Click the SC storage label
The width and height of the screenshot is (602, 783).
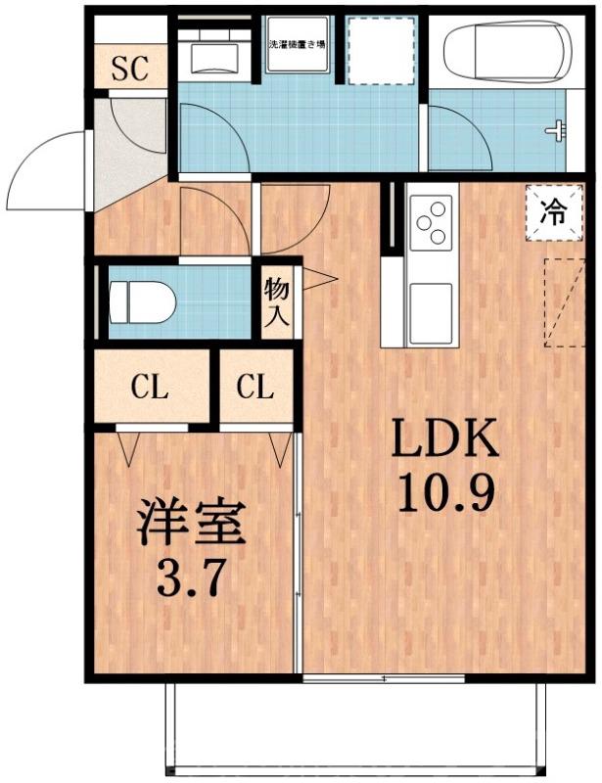pos(128,69)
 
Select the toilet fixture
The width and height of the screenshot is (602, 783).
pos(143,302)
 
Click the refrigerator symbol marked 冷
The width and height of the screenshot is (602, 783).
pos(553,212)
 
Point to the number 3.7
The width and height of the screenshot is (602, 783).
pos(190,578)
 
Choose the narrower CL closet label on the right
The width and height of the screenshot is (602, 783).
pos(255,388)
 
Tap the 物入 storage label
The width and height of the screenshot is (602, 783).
pos(278,301)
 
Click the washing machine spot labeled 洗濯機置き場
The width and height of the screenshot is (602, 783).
pos(300,45)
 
